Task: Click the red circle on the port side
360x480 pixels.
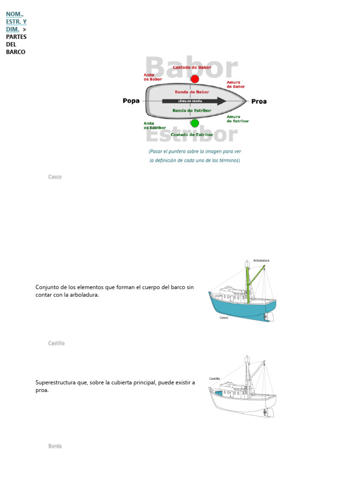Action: click(x=195, y=79)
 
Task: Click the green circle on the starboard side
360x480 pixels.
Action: click(x=195, y=123)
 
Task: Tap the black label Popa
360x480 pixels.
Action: click(x=131, y=101)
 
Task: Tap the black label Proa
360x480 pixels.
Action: click(x=259, y=101)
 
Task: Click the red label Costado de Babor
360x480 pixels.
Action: click(x=192, y=67)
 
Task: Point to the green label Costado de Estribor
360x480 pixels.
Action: click(x=192, y=135)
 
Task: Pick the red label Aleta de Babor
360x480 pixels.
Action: click(x=152, y=77)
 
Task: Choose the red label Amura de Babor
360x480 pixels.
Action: click(x=235, y=84)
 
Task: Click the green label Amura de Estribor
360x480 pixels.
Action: click(x=237, y=119)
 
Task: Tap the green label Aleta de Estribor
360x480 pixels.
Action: click(x=154, y=126)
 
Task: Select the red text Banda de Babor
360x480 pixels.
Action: click(x=192, y=92)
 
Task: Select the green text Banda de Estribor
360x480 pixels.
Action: click(x=192, y=111)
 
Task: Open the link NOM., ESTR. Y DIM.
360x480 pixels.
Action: click(x=16, y=22)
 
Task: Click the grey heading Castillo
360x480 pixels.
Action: click(x=56, y=343)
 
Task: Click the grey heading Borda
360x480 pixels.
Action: click(x=55, y=446)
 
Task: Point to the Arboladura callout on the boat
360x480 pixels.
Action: click(x=261, y=260)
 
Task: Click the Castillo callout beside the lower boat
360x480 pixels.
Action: click(x=214, y=378)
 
